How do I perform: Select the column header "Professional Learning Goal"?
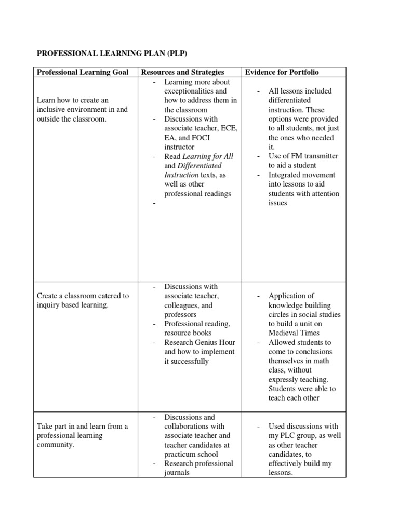pyautogui.click(x=84, y=72)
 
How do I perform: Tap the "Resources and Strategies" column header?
pyautogui.click(x=182, y=72)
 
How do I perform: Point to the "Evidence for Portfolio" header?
pyautogui.click(x=282, y=72)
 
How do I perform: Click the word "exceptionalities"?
pyautogui.click(x=188, y=91)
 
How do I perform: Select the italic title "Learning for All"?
pyautogui.click(x=206, y=156)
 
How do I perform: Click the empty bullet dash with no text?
pyautogui.click(x=154, y=204)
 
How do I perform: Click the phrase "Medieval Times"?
pyautogui.click(x=294, y=333)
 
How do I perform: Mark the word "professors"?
pyautogui.click(x=180, y=315)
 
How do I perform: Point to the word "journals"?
pyautogui.click(x=177, y=473)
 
